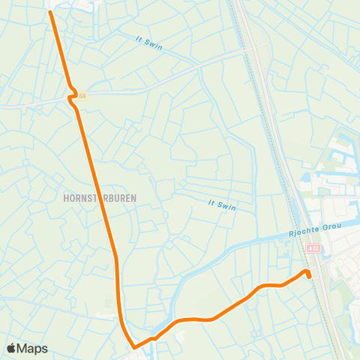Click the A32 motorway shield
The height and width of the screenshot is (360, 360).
pyautogui.click(x=313, y=248)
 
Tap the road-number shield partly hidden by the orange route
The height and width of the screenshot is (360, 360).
pyautogui.click(x=82, y=95)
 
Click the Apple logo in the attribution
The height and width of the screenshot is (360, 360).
pyautogui.click(x=12, y=348)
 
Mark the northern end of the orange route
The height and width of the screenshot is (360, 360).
pyautogui.click(x=50, y=11)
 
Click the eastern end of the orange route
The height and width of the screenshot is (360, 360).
pyautogui.click(x=309, y=276)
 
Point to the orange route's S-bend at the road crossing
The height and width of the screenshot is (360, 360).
pyautogui.click(x=73, y=96)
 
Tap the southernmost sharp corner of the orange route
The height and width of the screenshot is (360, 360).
pyautogui.click(x=134, y=347)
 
